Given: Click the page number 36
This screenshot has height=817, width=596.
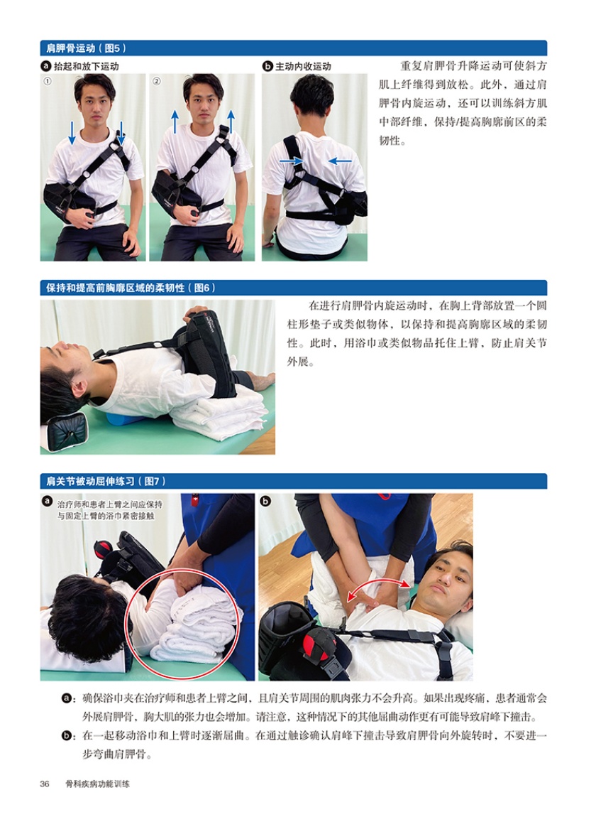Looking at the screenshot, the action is tap(45, 784).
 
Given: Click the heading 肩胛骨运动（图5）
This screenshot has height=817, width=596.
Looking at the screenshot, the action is tap(86, 48).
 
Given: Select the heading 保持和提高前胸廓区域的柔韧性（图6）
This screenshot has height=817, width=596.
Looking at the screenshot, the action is tap(131, 288).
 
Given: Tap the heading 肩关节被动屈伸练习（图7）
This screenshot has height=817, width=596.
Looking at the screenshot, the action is tap(106, 481).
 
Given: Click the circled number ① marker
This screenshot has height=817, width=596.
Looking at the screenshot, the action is tap(48, 81).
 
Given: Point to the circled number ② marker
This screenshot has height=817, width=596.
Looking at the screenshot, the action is tap(156, 81).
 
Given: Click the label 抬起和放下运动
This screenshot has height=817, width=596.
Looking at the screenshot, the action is tap(87, 66).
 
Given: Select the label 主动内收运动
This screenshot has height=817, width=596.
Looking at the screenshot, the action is tap(303, 66).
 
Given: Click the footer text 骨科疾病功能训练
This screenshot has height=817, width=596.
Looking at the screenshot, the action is tap(97, 784).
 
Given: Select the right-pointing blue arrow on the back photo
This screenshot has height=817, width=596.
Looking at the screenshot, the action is tap(291, 161).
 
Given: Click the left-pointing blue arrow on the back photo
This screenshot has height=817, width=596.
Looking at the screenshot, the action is tap(340, 161).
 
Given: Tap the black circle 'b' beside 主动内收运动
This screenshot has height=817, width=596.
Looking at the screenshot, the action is tap(267, 66).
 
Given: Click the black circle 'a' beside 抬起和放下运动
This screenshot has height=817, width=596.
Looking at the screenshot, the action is tap(46, 66).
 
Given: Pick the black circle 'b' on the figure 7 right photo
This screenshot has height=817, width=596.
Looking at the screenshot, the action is tap(265, 502).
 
